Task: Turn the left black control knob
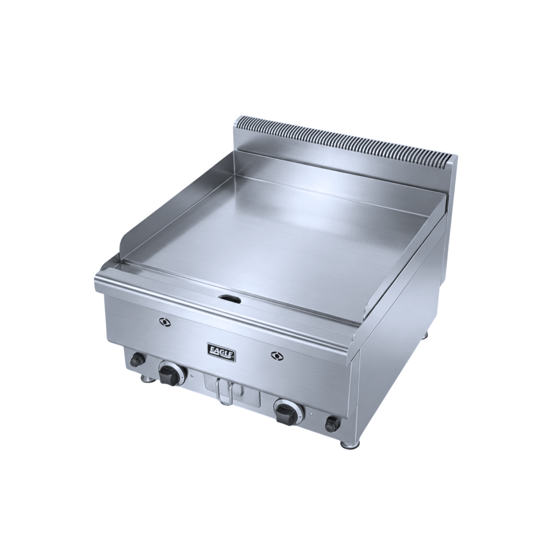coord(169,374)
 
